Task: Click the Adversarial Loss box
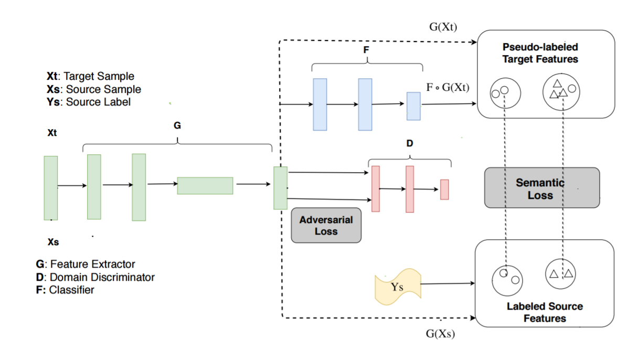coord(326,226)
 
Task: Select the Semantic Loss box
coord(541,188)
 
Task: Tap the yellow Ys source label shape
coord(397,288)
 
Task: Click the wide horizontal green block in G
coord(205,186)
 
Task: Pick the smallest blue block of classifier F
coord(413,106)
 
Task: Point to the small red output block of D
coord(444,189)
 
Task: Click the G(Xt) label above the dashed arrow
coord(443,26)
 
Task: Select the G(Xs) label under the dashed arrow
coord(440,334)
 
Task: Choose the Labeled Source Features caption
coord(544,312)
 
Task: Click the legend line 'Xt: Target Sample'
coord(90,77)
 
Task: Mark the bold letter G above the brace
coord(177,126)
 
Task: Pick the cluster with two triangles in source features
coord(561,274)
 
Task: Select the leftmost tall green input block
coord(51,187)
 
